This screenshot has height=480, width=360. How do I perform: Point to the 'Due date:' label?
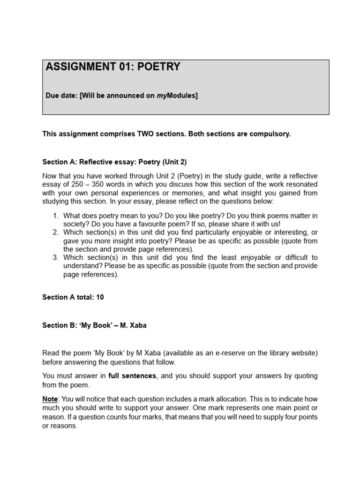[x=61, y=96]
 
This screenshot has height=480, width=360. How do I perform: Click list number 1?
[x=55, y=216]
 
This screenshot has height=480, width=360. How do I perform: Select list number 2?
[x=55, y=232]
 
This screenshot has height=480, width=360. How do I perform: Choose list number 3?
[x=55, y=257]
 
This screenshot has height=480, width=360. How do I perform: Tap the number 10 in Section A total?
[x=100, y=297]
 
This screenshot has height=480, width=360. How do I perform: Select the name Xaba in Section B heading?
[x=138, y=325]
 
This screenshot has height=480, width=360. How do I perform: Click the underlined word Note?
[x=50, y=398]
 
